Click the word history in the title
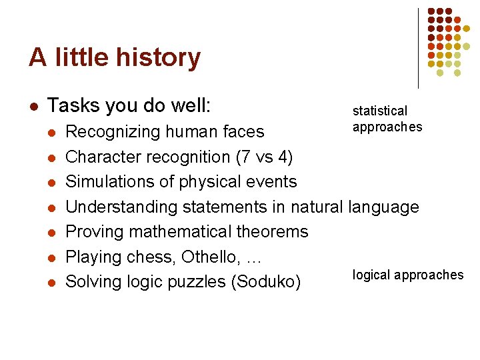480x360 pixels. (x=160, y=58)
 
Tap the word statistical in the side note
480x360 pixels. (x=379, y=111)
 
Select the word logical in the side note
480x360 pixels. (x=371, y=275)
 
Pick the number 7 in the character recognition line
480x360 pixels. (x=237, y=157)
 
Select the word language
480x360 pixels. (x=383, y=207)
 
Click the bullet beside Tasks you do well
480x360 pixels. (x=33, y=106)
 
